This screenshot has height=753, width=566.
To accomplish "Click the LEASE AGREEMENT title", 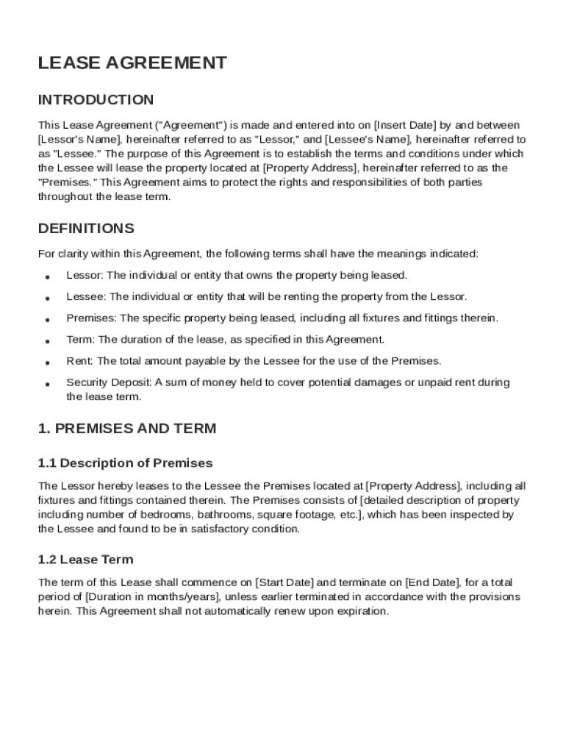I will pos(132,63).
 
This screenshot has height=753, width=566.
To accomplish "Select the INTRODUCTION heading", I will pos(96,100).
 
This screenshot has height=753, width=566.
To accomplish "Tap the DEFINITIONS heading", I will pos(86,228).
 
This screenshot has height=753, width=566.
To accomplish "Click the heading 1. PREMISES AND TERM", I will pos(127,429).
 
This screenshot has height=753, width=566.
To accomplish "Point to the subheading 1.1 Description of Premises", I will pos(125,463).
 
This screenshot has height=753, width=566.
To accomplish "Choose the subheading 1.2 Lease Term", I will pos(85,560).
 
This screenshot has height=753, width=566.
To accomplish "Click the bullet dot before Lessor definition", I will pos(47,277).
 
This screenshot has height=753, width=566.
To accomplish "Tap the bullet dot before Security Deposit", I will pos(47,384).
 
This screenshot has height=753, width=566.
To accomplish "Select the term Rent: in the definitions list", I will pos(80,360).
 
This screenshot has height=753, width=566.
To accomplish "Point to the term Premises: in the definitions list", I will pos(92,318).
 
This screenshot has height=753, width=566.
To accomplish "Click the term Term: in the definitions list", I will pos(81,339).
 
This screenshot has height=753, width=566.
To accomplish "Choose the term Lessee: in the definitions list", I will pos(87,296).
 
